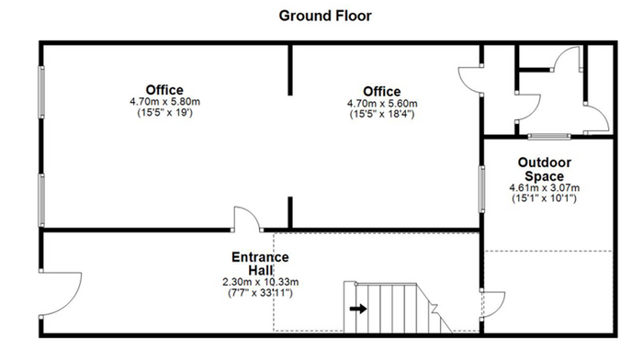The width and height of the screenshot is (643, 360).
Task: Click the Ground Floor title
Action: click(325, 16)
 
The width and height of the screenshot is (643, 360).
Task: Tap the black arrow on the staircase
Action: click(358, 309)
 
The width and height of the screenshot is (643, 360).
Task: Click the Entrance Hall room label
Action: click(260, 264)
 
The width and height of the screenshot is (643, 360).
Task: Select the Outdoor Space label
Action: click(544, 169)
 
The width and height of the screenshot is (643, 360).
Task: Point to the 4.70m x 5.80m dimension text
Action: click(164, 101)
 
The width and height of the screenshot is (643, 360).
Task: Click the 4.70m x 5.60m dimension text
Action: click(382, 104)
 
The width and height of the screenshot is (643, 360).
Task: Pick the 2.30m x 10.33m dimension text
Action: click(260, 282)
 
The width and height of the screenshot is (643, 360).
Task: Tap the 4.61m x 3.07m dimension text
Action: click(544, 188)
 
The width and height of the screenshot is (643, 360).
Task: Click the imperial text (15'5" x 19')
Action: click(164, 112)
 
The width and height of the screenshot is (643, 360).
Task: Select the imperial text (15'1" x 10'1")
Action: click(544, 198)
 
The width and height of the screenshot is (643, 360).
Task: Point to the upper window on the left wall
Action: click(41, 92)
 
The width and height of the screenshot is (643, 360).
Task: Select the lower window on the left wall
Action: click(41, 200)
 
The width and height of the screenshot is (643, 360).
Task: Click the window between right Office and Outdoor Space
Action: click(482, 189)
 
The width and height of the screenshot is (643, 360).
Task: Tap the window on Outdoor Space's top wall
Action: click(549, 136)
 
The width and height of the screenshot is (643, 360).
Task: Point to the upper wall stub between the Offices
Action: click(290, 70)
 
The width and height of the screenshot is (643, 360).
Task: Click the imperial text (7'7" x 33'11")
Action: click(260, 293)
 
